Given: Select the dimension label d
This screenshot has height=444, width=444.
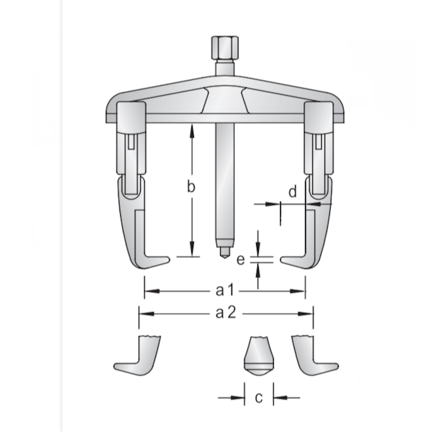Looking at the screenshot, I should click(292, 192).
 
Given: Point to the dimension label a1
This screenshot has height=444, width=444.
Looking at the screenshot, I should click(225, 291).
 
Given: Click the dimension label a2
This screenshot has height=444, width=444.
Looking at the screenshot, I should click(226, 314).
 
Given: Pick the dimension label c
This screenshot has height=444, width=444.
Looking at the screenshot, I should click(258, 397).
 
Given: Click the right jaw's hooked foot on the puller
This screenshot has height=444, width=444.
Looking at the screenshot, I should click(294, 262).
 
